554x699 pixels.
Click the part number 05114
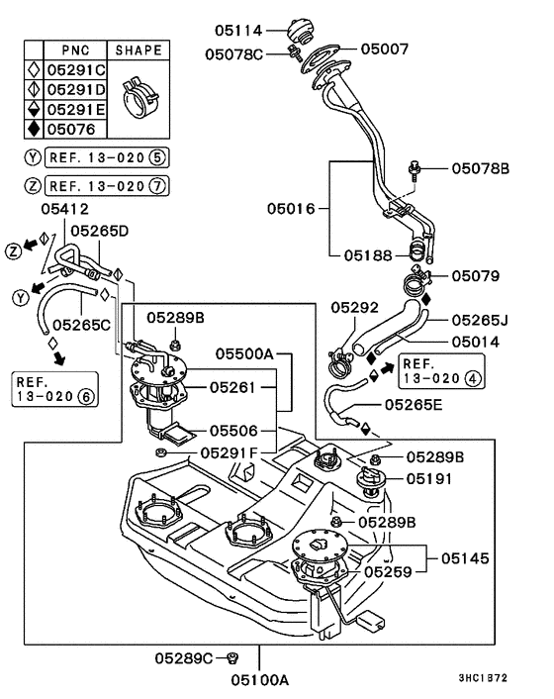point(238,31)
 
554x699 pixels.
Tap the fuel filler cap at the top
point(300,31)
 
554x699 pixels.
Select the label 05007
point(384,49)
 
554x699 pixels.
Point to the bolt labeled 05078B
point(414,170)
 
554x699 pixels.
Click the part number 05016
point(291,208)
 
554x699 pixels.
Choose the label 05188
point(368,255)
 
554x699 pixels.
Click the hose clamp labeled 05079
point(417,280)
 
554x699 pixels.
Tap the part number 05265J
point(480,320)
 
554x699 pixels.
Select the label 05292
point(354,307)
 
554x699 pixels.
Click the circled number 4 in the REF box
point(473,378)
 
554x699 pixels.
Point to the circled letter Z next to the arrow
point(14,251)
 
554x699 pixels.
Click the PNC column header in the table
point(75,50)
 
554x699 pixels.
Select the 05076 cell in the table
point(71,130)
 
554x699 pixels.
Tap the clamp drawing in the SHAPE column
point(139,99)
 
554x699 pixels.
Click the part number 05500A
point(244,353)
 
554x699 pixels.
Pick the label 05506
point(233,431)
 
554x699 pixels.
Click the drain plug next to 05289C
point(232,657)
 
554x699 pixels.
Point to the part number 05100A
point(259,680)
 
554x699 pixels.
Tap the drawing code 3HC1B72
point(483,678)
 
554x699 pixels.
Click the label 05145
point(465,558)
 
